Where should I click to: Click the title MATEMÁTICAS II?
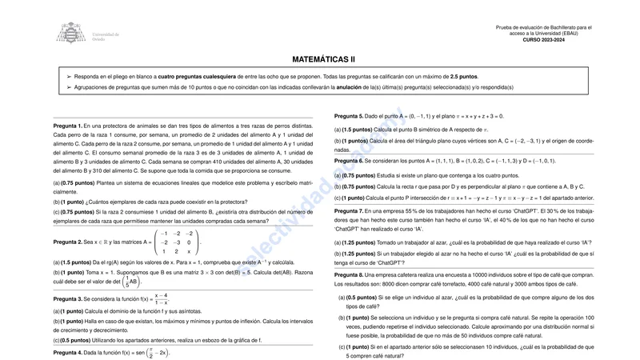pyautogui.click(x=323, y=59)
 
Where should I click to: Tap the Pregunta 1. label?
pyautogui.click(x=68, y=126)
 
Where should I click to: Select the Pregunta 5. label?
pyautogui.click(x=349, y=116)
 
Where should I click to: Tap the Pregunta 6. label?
pyautogui.click(x=349, y=161)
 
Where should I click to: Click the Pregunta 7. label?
pyautogui.click(x=349, y=210)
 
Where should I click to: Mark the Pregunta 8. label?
pyautogui.click(x=349, y=274)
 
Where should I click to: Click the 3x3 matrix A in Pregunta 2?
pyautogui.click(x=178, y=241)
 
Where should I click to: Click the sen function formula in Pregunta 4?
pyautogui.click(x=150, y=353)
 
